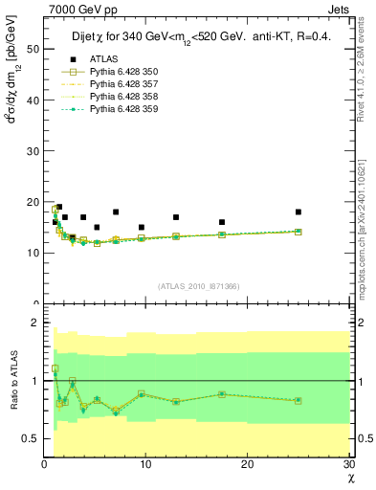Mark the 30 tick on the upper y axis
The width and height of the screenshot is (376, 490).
[32, 150]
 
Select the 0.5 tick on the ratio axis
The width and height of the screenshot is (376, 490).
[30, 438]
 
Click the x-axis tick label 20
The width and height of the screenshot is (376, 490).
[247, 465]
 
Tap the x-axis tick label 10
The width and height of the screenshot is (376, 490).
[145, 465]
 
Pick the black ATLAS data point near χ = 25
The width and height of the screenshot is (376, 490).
[299, 212]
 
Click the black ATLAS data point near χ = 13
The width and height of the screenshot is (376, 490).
[176, 217]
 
